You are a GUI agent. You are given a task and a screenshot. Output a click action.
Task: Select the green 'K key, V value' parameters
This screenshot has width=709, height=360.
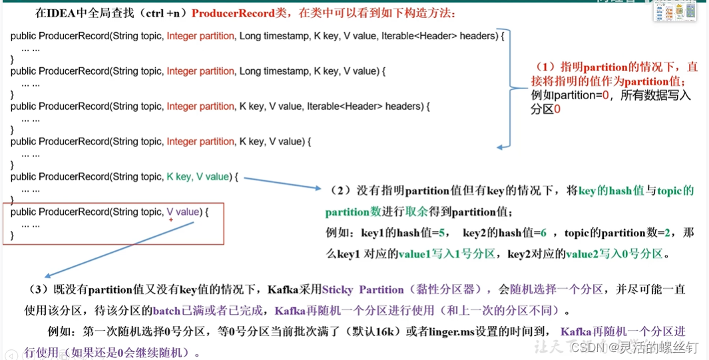[x=198, y=177]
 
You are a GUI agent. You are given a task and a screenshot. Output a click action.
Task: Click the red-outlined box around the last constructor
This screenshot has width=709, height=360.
[x=113, y=224]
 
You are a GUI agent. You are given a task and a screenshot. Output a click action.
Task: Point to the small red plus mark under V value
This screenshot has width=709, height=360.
[x=171, y=220]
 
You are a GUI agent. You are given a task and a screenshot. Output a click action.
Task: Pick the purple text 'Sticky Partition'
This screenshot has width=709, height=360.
[x=362, y=290]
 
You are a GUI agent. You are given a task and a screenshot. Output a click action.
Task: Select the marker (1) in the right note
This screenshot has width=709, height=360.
[x=545, y=68]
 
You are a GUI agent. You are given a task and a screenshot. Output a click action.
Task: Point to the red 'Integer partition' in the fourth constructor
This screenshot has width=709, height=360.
[x=200, y=142]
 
